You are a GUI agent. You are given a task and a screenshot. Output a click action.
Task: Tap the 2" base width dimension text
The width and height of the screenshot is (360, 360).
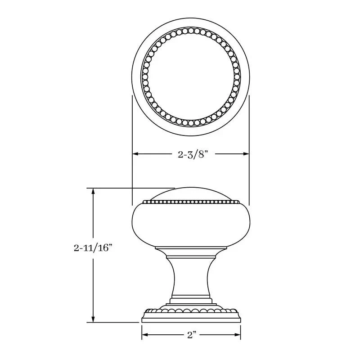[192, 335]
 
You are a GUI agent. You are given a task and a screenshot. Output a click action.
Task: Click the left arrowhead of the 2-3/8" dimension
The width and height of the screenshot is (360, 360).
[135, 154]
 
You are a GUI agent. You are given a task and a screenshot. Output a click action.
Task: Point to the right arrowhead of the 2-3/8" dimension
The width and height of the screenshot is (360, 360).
[246, 154]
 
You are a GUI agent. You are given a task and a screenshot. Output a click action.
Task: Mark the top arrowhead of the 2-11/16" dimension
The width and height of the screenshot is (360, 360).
[93, 192]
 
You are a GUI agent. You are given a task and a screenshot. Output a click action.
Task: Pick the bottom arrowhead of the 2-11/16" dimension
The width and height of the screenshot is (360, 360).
[93, 319]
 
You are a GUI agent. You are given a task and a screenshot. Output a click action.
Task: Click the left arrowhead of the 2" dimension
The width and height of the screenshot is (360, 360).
[145, 335]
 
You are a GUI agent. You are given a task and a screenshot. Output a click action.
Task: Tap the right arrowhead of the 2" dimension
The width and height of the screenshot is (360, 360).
[238, 335]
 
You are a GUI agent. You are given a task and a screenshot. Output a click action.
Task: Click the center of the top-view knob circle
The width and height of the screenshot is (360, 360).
[191, 77]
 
